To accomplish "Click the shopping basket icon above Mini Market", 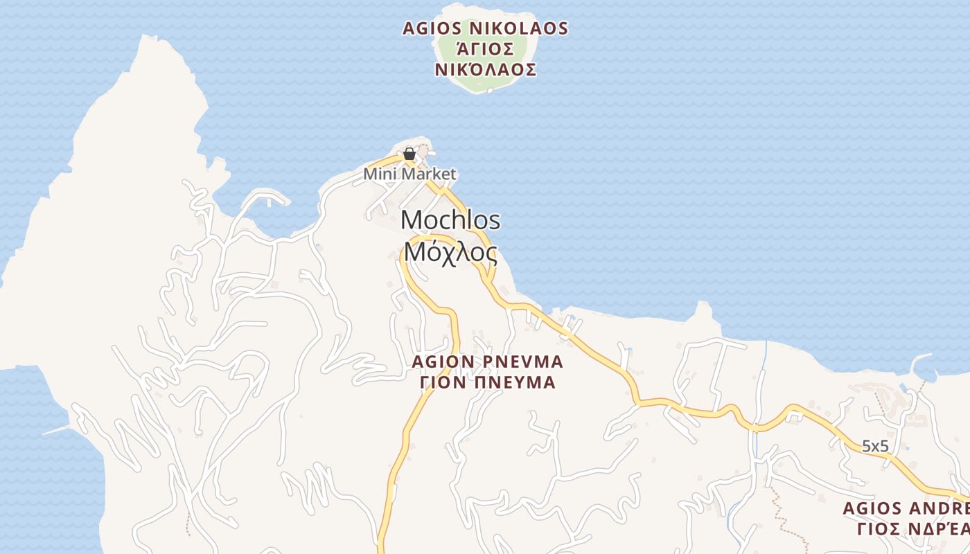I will [x=409, y=154].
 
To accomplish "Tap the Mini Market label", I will [x=410, y=174].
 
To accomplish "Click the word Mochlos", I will [x=450, y=220].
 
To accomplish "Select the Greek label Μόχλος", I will [x=450, y=253].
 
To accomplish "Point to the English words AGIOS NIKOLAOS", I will [x=486, y=29].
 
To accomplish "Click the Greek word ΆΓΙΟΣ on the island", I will [x=486, y=49].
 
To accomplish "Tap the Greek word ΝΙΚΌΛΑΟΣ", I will [x=486, y=70].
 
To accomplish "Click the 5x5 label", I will [x=875, y=447].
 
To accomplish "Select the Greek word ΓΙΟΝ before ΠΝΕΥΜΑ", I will [x=443, y=382].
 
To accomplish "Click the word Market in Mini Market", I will [x=428, y=174].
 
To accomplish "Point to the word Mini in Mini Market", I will [x=378, y=174].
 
